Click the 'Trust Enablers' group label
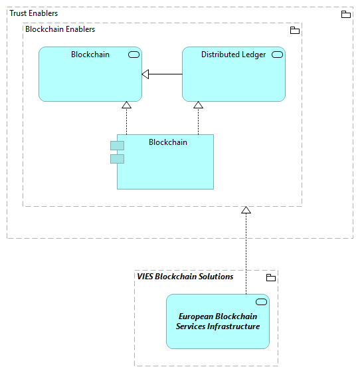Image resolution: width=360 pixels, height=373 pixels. [33, 13]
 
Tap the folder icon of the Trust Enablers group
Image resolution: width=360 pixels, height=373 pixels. [345, 14]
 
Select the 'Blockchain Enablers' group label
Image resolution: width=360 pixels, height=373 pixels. [60, 29]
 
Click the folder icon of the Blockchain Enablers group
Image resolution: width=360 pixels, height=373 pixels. [295, 30]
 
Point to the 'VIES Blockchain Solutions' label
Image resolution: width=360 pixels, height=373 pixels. [185, 277]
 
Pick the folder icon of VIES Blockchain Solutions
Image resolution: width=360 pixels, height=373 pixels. [270, 277]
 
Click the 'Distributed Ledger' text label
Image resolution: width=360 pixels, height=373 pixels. [233, 55]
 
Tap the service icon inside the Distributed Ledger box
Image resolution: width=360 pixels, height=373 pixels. [277, 55]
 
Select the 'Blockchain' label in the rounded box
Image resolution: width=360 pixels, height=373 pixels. [90, 55]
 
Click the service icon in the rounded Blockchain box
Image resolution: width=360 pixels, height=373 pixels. [134, 55]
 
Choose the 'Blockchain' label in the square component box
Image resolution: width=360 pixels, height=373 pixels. [168, 142]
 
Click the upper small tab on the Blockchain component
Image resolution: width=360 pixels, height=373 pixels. [117, 146]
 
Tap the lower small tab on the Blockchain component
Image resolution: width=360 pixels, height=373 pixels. [117, 158]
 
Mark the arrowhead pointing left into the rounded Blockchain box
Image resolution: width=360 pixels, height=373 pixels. [145, 74]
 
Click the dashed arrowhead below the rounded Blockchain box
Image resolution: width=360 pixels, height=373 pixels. [126, 105]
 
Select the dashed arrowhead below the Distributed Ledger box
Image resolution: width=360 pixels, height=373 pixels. [198, 105]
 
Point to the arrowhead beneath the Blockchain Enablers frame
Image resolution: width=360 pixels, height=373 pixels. [246, 210]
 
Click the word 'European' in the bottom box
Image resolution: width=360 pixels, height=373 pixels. [198, 316]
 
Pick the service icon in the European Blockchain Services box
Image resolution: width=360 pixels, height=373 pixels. [261, 302]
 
